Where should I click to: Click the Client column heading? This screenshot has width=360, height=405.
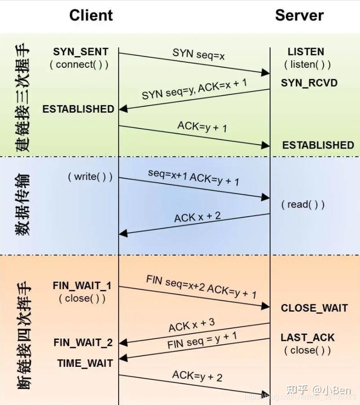(x=91, y=15)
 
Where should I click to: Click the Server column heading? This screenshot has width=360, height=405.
(x=299, y=15)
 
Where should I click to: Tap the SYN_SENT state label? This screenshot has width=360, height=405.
(x=80, y=52)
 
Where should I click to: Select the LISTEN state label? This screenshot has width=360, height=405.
(x=306, y=52)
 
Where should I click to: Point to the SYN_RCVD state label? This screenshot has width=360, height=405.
(x=309, y=83)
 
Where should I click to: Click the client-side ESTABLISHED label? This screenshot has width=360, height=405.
(x=78, y=109)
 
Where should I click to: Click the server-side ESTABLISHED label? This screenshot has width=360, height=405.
(x=318, y=145)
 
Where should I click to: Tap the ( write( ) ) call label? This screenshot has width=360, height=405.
(x=90, y=176)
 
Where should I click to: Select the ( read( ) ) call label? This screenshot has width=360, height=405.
(x=303, y=205)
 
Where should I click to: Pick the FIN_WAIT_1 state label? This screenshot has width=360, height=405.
(x=82, y=286)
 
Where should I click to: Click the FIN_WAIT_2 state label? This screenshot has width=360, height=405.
(x=83, y=343)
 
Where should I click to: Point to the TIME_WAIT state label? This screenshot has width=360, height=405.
(x=85, y=363)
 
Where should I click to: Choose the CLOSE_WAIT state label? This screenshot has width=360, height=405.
(x=314, y=308)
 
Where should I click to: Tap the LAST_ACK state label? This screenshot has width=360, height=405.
(x=308, y=338)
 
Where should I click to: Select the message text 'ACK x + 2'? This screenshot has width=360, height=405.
(x=197, y=217)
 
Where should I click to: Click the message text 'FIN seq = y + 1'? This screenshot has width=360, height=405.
(x=202, y=341)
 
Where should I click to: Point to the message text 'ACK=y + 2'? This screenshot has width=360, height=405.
(x=197, y=375)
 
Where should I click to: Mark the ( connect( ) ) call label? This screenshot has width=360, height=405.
(x=79, y=64)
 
